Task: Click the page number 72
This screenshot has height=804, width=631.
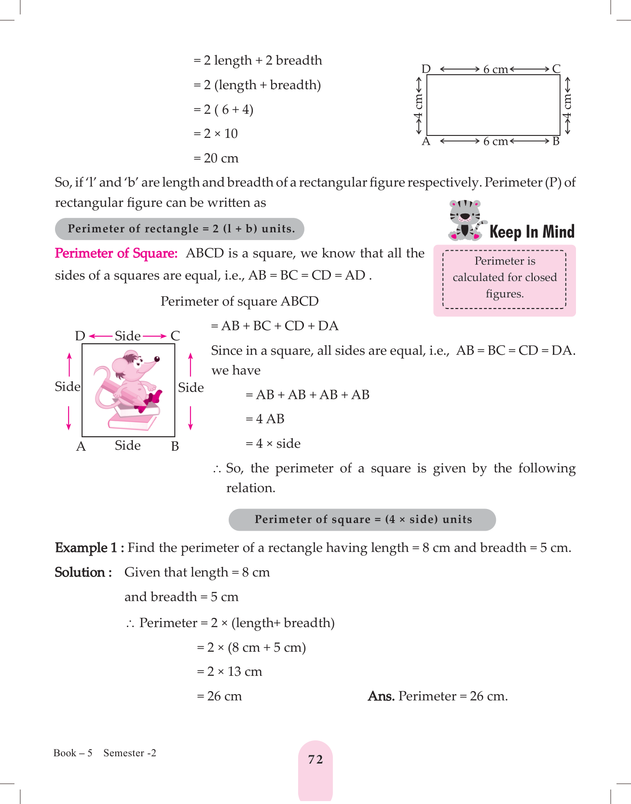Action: pos(315,760)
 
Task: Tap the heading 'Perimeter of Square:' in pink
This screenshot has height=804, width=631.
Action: pos(116,254)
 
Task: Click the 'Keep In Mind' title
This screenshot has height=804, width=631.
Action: pos(532,232)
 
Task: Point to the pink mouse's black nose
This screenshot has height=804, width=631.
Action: pos(157,359)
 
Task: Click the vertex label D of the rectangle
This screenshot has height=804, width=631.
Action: pos(425,69)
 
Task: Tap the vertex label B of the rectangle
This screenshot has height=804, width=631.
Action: pos(556,142)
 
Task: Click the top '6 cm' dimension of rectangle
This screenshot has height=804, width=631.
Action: pos(495,69)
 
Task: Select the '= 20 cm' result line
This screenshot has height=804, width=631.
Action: pos(216,159)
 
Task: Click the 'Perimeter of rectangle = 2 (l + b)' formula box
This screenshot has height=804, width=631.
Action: pos(179,229)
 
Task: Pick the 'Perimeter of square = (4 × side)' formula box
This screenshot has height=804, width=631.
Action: pos(362,520)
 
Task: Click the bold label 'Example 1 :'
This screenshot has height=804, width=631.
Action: pos(89,548)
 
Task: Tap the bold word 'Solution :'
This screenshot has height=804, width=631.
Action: pos(83,573)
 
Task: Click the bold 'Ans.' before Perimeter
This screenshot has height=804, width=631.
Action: pos(381,697)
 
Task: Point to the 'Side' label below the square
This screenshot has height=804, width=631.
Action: pos(128,446)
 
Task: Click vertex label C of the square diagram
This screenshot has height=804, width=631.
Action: pos(175,336)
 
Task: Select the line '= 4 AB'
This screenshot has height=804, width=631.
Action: pos(265,419)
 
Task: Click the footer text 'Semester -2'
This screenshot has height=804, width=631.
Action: pos(130,753)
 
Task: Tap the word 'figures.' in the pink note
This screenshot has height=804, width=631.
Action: pos(505,294)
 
